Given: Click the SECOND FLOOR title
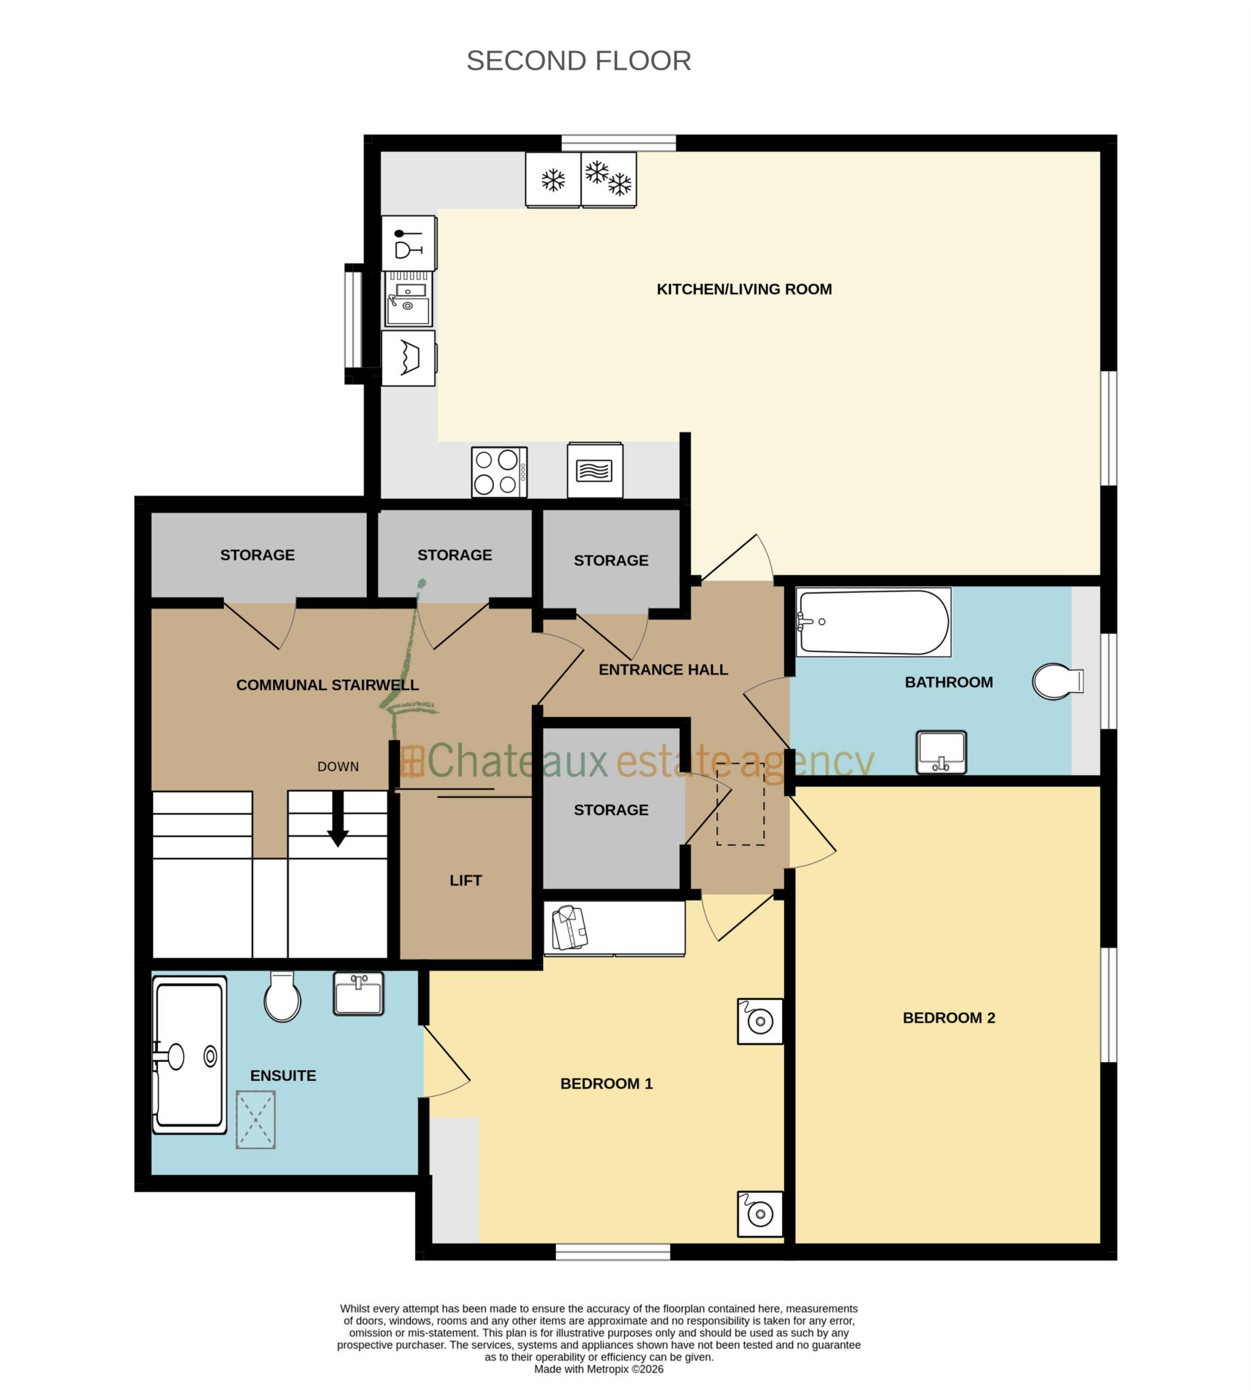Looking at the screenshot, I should [x=578, y=61].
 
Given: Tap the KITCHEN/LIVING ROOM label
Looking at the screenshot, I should [x=744, y=289].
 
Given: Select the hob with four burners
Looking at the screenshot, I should [x=499, y=472].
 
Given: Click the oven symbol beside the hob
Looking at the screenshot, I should [x=595, y=471].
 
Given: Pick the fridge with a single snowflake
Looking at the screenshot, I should [x=553, y=180].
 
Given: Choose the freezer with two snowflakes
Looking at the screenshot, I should [x=608, y=180].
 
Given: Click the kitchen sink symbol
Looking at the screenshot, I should [x=408, y=298].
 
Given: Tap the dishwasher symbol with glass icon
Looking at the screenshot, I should [x=408, y=243].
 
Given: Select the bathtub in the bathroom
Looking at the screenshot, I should [x=873, y=621].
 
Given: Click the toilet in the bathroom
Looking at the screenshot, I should [x=1056, y=681].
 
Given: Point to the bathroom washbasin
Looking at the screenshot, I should [x=941, y=752].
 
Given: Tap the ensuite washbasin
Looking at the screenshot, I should [x=358, y=993].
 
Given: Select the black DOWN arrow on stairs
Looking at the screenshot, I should [x=338, y=819].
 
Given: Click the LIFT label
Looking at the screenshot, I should [x=466, y=881].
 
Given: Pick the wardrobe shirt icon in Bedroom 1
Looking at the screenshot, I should [x=570, y=927].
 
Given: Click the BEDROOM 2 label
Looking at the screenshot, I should [x=948, y=1018].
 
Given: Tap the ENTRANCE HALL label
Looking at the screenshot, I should [x=663, y=670].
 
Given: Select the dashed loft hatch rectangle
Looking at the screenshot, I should [x=741, y=804].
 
